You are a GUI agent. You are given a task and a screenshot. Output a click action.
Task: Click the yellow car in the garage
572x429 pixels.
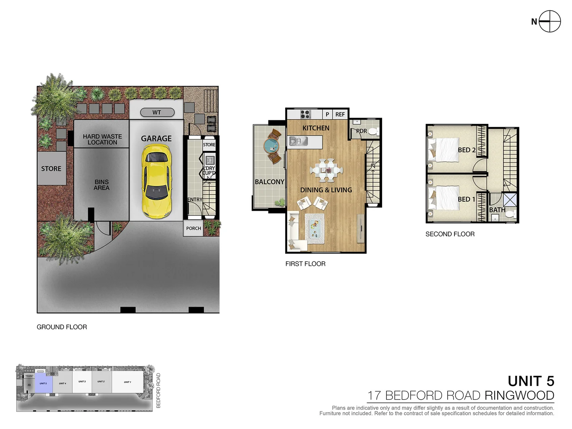click(157, 181)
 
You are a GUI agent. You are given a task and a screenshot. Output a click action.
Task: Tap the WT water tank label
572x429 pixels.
click(157, 112)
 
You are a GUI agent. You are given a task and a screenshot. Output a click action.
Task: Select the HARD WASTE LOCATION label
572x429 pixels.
click(102, 139)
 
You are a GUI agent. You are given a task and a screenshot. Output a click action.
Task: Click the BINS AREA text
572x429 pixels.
click(102, 185)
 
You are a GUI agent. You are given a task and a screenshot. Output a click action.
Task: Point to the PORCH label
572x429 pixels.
click(193, 228)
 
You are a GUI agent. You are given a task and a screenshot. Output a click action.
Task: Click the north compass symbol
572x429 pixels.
click(550, 21)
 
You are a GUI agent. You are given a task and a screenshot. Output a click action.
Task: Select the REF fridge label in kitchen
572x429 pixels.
click(340, 114)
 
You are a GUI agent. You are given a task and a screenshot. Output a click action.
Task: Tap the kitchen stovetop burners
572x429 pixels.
click(305, 114)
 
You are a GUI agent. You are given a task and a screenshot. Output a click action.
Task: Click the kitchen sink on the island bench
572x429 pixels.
click(298, 141)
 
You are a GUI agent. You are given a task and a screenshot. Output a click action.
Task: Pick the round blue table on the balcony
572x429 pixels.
click(271, 146)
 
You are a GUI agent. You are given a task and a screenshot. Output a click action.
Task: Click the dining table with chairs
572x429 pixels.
click(327, 170)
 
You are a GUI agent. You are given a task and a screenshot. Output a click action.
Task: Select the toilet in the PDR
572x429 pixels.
click(373, 131)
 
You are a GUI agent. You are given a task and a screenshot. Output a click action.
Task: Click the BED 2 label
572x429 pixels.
click(466, 150)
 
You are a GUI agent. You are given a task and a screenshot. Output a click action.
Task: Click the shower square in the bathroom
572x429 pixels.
click(510, 199)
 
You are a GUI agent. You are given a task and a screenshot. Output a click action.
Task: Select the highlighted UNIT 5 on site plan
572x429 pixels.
click(43, 383)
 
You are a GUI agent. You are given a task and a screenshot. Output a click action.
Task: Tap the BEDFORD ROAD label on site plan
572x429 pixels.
click(158, 390)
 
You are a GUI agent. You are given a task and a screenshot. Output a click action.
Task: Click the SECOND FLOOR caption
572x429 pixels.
click(450, 234)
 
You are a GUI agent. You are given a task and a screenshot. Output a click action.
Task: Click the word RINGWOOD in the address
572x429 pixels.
click(519, 396)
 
